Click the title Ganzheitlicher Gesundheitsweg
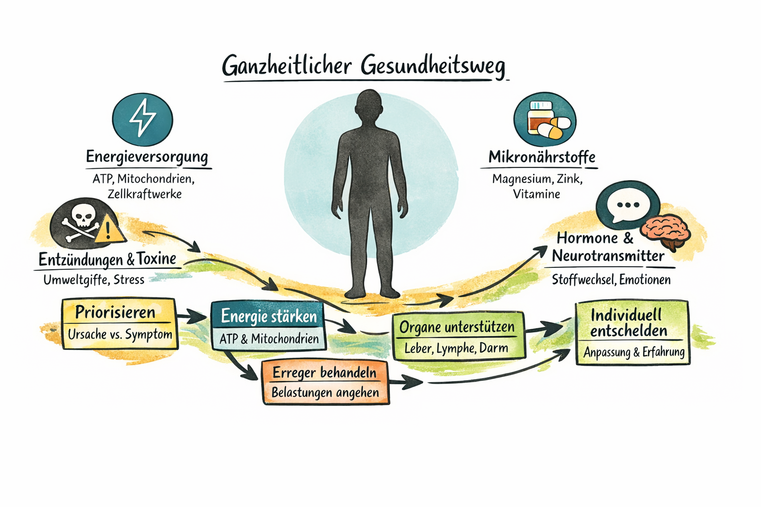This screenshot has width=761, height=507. point(364,66)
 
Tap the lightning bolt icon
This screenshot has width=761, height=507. point(143,118)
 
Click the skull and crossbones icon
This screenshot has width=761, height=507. point(81,222)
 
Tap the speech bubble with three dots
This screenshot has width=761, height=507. point(627,205)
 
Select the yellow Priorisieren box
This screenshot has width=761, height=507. point(119,323)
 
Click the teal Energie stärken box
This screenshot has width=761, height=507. point(269,326)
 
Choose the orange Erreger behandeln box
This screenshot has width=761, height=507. point(325,382)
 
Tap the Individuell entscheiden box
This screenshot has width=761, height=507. point(632,332)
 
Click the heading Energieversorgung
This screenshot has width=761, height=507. point(147,156)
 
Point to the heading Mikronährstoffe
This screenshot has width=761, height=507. point(542,157)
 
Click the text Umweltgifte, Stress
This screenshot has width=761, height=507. point(94,280)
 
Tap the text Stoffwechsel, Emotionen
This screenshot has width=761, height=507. point(611,280)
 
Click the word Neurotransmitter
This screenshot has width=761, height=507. point(608,256)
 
